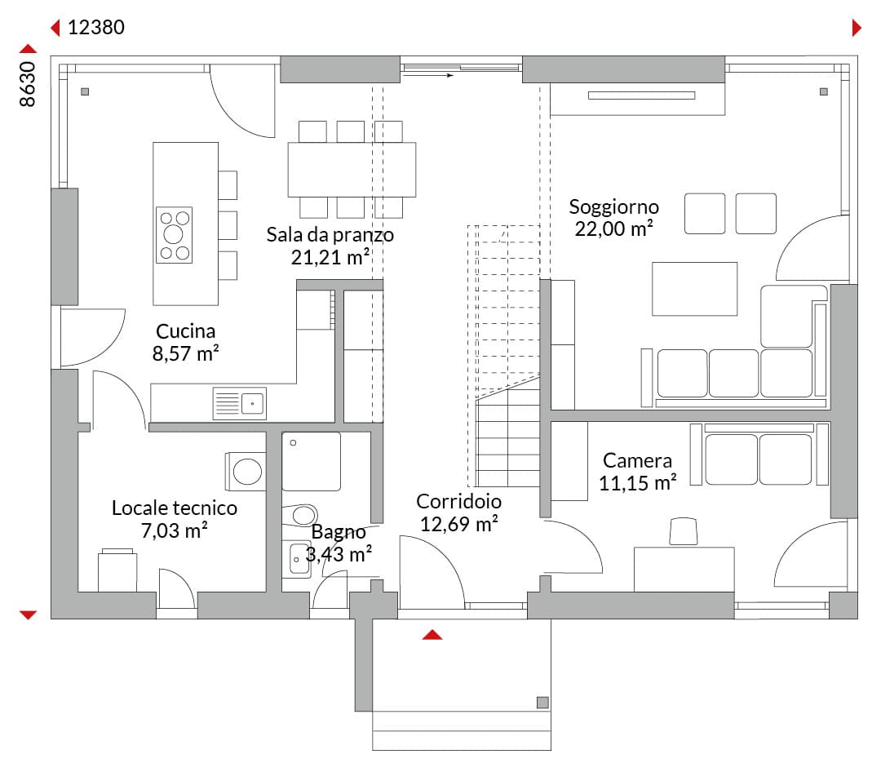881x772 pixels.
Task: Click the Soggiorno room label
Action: coord(613,207)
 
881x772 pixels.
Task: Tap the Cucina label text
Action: coord(185,331)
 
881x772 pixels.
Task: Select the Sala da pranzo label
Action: coord(330,234)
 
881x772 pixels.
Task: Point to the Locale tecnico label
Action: coord(175,508)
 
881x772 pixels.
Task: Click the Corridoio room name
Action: coord(458,501)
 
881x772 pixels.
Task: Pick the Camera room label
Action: coord(637,460)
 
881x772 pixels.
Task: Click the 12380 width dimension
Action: coord(96,27)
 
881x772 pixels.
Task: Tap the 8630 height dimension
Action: coord(28,84)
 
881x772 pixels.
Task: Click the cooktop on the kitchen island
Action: coord(175,235)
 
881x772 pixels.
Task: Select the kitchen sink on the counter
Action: coord(240,403)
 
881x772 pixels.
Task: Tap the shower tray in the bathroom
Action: coord(312,461)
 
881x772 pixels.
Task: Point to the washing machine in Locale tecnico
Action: coord(246,471)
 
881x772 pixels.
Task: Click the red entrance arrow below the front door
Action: coord(432,635)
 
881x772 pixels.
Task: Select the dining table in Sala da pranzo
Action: coord(352,169)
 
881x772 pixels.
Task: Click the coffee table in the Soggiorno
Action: coord(694,289)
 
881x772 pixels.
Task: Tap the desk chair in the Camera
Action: coord(684,531)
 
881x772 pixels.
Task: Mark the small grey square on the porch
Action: coord(542,703)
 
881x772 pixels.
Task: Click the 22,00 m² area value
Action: coord(613,228)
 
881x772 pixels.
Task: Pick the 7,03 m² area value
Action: coord(175,530)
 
